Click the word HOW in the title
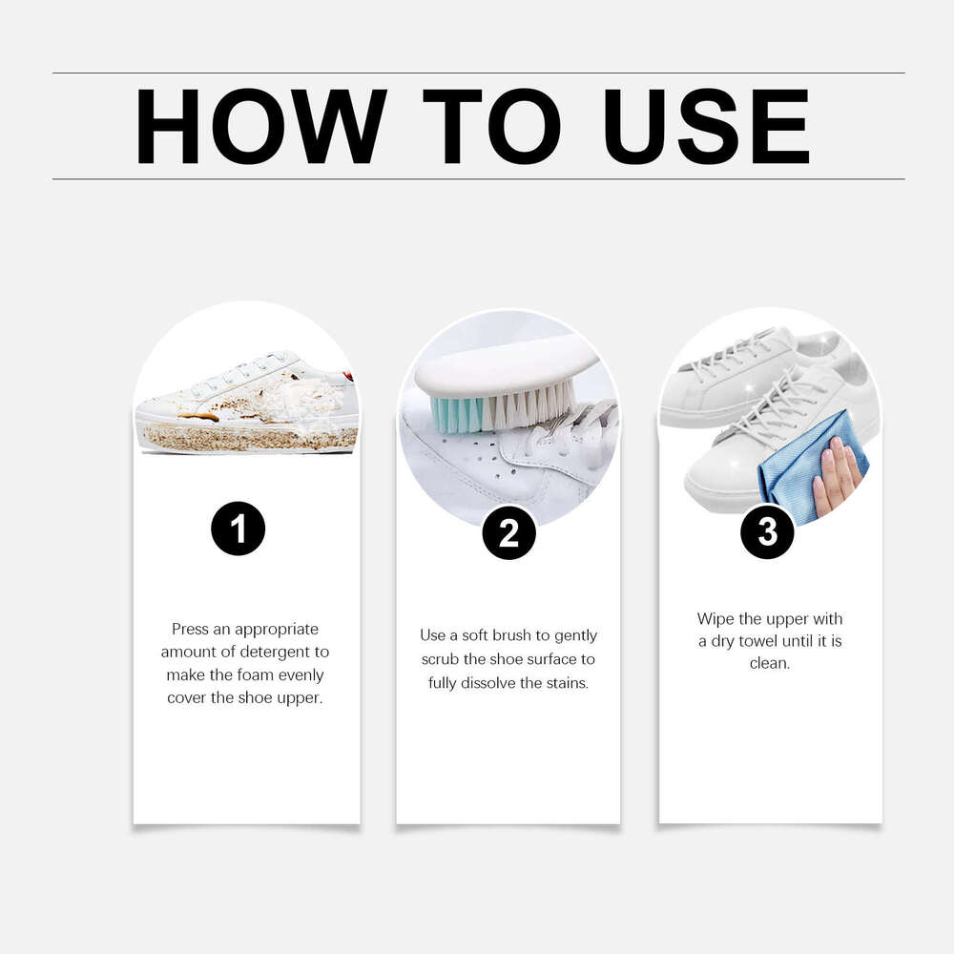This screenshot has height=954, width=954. click(x=259, y=126)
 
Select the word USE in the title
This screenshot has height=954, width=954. click(x=707, y=126)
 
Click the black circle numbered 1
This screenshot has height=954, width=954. click(x=238, y=528)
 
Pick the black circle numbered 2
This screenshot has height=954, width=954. click(x=508, y=533)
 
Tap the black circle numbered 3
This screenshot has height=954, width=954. click(x=768, y=532)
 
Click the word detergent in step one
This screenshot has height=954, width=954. click(x=287, y=652)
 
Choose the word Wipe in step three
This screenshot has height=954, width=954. click(x=715, y=619)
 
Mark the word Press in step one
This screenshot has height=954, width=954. click(x=191, y=629)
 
